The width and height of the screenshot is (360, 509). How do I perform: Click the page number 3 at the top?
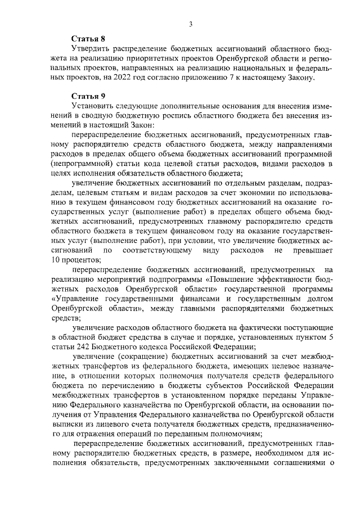(191, 23)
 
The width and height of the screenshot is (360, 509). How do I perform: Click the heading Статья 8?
(88, 39)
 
